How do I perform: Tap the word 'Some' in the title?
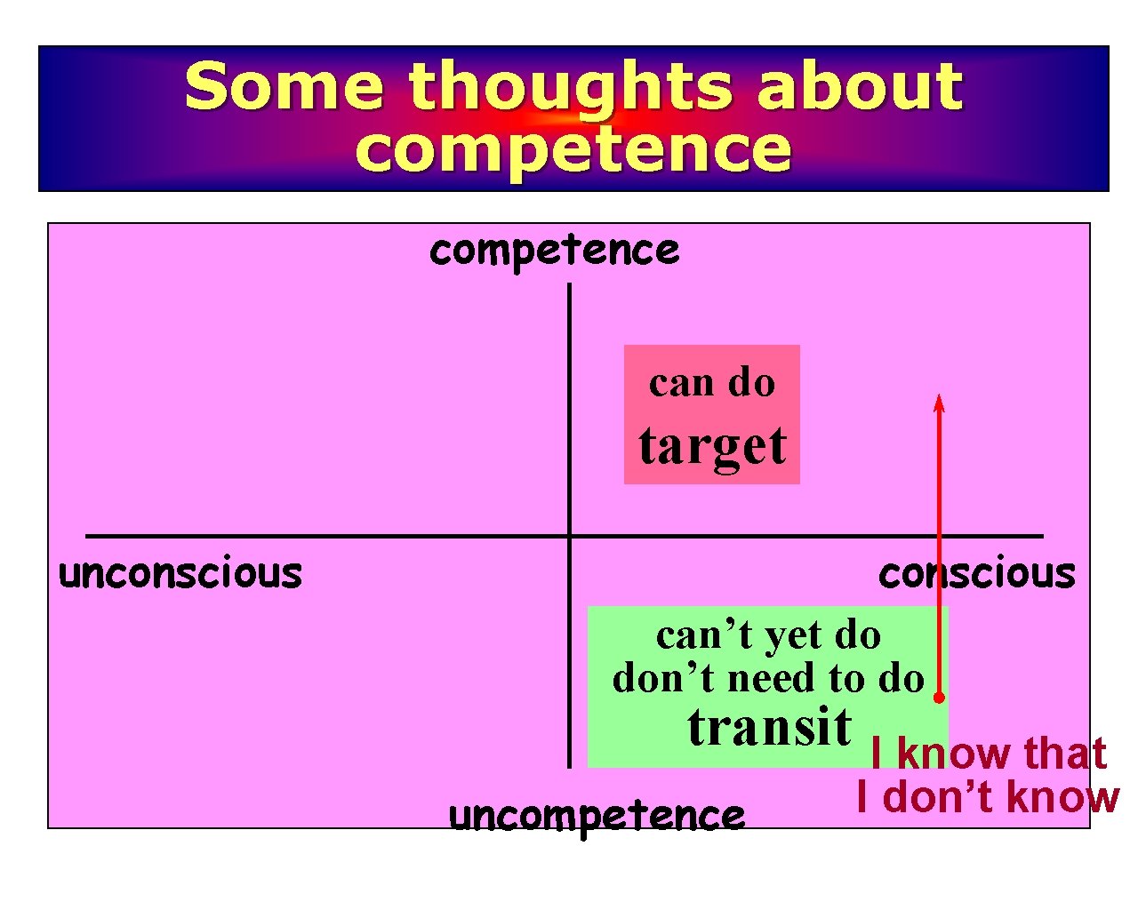tap(284, 86)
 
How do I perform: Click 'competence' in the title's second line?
tap(573, 148)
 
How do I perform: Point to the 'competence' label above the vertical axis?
tap(554, 251)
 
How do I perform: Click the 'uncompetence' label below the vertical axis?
tap(597, 815)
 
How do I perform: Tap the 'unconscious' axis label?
tap(180, 573)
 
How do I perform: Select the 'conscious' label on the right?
tap(976, 573)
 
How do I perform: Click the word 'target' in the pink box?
tap(712, 446)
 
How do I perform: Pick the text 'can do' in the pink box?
tap(712, 383)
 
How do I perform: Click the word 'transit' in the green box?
tap(770, 727)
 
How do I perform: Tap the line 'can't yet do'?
tap(768, 635)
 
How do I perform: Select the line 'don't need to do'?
tap(768, 679)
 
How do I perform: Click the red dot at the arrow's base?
tap(939, 698)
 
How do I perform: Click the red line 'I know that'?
tap(989, 754)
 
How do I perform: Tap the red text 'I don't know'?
tap(987, 797)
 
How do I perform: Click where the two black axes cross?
tap(569, 536)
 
